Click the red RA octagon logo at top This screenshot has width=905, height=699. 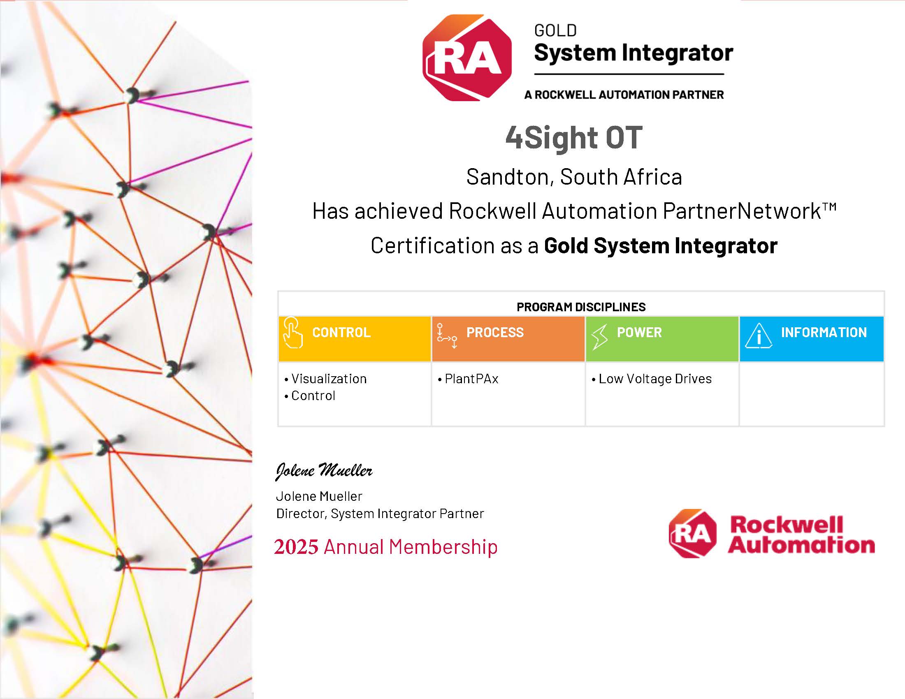[x=467, y=58]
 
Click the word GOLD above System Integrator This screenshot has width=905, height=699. [x=555, y=31]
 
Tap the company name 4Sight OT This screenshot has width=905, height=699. [x=574, y=137]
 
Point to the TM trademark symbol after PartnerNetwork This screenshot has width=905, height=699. [x=829, y=206]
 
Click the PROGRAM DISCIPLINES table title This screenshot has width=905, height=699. [x=581, y=307]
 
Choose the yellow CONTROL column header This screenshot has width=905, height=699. [x=355, y=339]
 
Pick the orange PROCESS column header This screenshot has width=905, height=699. [x=508, y=339]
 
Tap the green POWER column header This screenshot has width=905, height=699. [x=662, y=339]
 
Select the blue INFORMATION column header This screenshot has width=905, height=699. [x=812, y=339]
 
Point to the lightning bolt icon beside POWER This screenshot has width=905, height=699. [x=600, y=337]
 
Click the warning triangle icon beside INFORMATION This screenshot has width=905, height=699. [x=758, y=336]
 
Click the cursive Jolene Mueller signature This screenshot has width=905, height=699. [x=324, y=471]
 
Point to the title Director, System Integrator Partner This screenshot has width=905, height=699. [x=380, y=514]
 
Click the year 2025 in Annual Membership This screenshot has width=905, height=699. [x=296, y=546]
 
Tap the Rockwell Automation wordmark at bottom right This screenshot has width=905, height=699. [x=801, y=534]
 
